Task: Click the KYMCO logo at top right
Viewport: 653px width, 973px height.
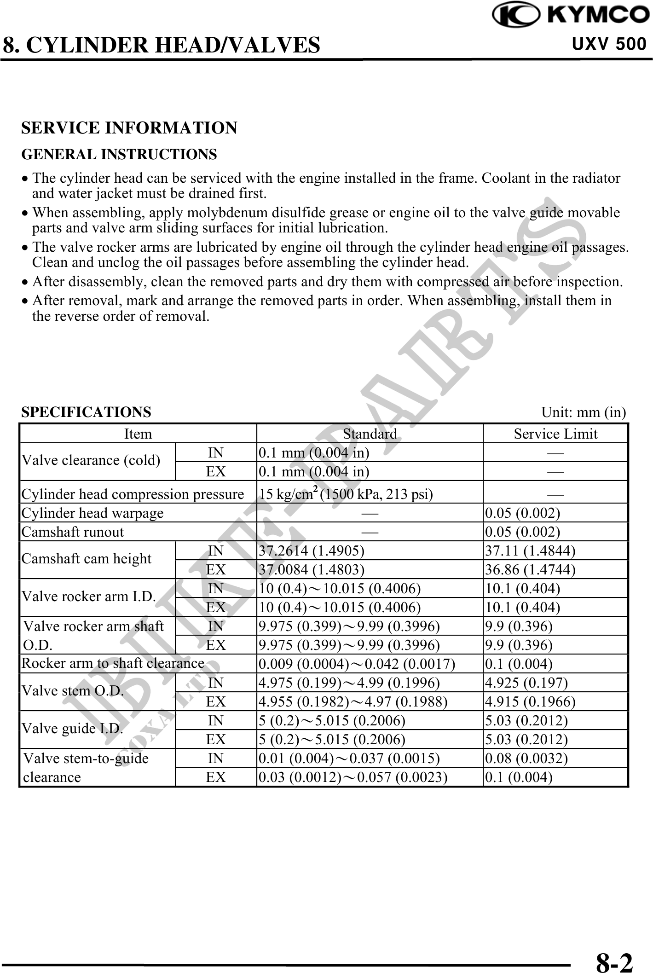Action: pyautogui.click(x=571, y=16)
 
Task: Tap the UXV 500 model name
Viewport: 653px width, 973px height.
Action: pyautogui.click(x=608, y=44)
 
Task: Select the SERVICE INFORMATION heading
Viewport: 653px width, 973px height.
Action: pyautogui.click(x=129, y=128)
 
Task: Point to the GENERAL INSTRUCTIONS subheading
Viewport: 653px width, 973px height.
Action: pyautogui.click(x=119, y=154)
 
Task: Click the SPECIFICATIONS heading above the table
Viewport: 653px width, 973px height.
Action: pyautogui.click(x=86, y=412)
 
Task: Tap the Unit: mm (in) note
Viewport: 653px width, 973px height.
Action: pyautogui.click(x=583, y=412)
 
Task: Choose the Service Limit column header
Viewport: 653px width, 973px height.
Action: pyautogui.click(x=555, y=434)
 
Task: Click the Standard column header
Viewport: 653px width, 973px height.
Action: pyautogui.click(x=370, y=434)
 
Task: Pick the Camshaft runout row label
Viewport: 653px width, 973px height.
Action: pyautogui.click(x=73, y=532)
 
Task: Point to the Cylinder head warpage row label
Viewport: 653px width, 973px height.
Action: pyautogui.click(x=92, y=513)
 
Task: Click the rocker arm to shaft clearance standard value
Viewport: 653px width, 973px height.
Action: pyautogui.click(x=357, y=664)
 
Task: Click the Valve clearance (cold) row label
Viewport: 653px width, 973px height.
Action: pyautogui.click(x=91, y=460)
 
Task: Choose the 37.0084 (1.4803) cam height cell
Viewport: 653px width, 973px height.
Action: pyautogui.click(x=312, y=569)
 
